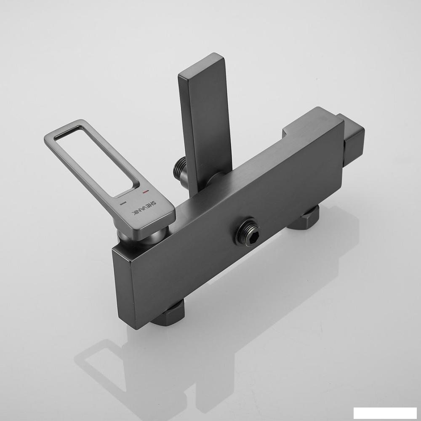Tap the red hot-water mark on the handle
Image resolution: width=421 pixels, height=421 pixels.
coord(146,192)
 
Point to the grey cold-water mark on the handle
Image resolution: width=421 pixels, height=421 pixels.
coord(123,204)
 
